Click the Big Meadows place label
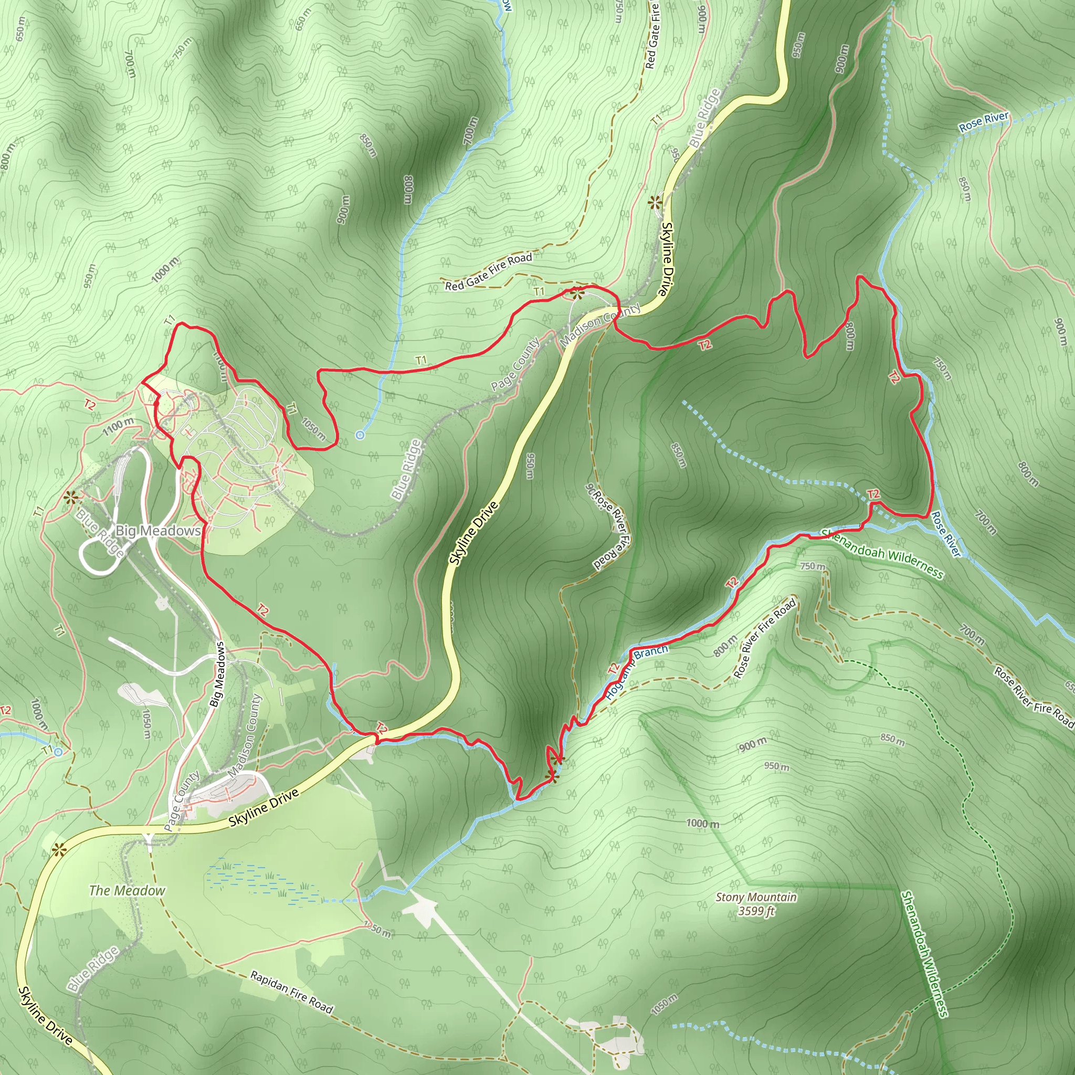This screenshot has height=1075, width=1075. (x=158, y=531)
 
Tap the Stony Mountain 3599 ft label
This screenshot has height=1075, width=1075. (x=756, y=904)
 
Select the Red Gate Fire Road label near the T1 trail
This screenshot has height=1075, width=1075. (x=489, y=271)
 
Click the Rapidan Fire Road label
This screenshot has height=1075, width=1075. (x=291, y=992)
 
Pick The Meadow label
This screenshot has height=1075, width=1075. (x=127, y=891)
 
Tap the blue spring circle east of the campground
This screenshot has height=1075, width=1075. (x=360, y=435)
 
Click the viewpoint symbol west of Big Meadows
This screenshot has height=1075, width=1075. (x=70, y=498)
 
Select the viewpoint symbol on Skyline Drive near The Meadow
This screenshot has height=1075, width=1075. (x=58, y=850)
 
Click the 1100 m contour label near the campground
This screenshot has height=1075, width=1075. (x=118, y=427)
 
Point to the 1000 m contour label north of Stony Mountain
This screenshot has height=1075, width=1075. (x=702, y=824)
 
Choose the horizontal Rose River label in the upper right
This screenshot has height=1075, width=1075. (x=984, y=122)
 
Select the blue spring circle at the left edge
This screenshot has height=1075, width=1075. (x=58, y=752)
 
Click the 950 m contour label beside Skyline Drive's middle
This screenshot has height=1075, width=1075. (x=530, y=466)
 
